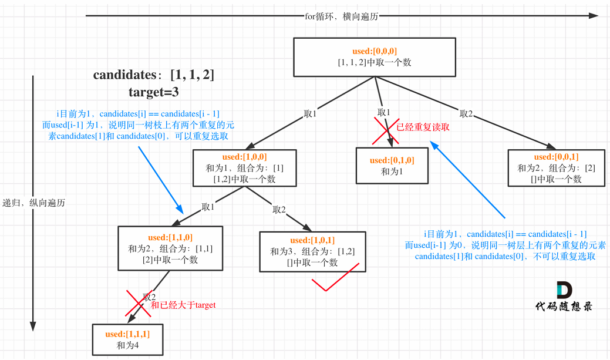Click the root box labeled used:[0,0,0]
375,57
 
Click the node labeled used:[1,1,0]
170,248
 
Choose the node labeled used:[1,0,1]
312,251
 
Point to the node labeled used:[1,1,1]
127,339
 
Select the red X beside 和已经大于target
134,304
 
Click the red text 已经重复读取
423,126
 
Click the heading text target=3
153,92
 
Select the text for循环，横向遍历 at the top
341,16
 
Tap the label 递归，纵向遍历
33,203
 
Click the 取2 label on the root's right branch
466,113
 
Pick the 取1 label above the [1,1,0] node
208,207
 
